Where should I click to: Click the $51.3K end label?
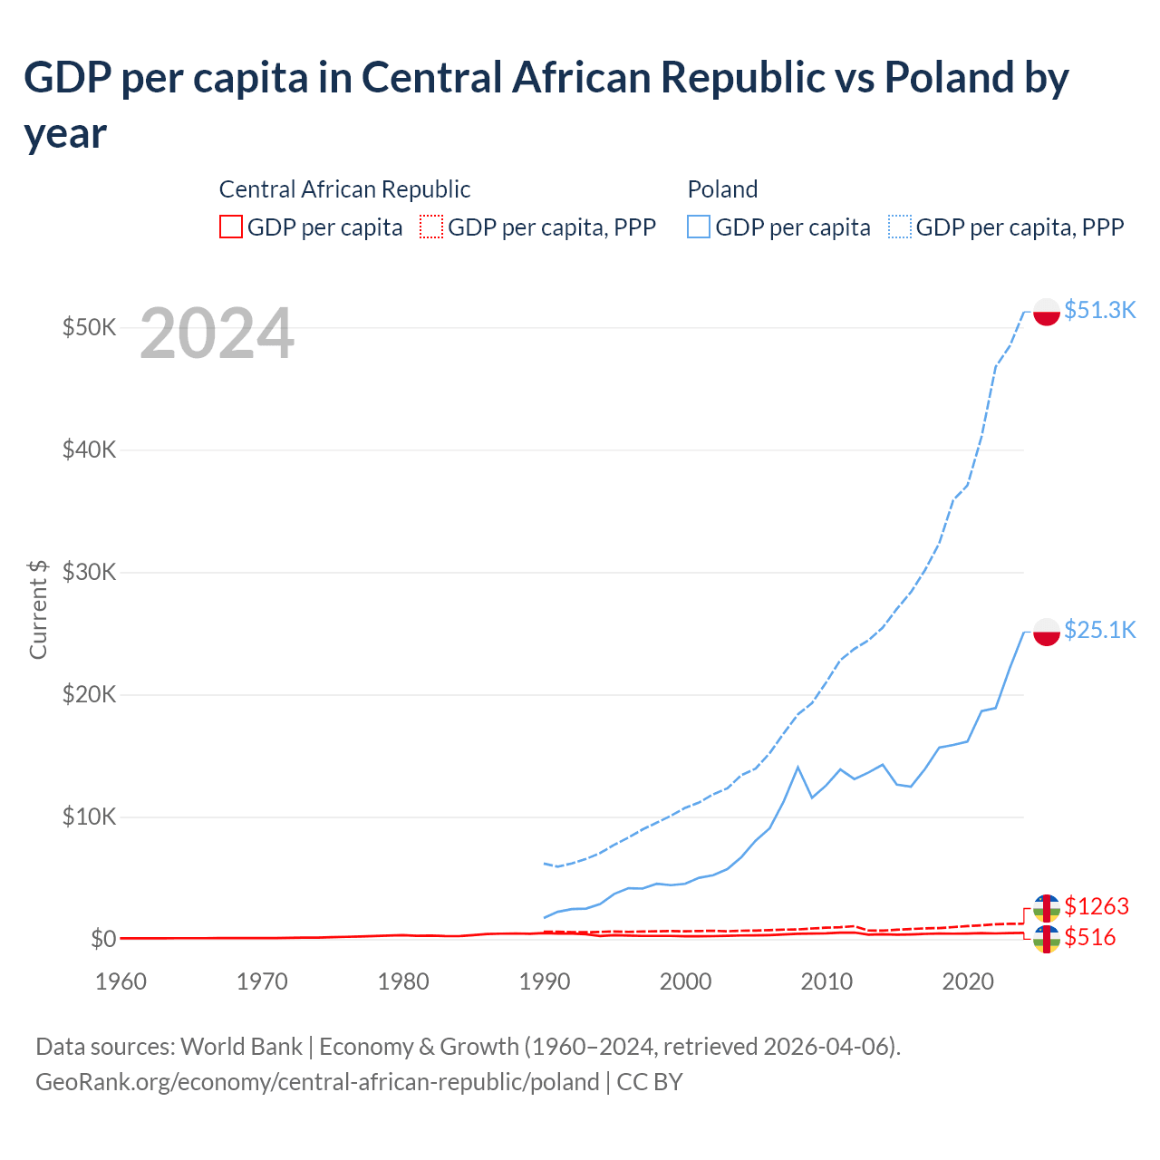coord(1099,310)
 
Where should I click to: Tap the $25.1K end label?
coord(1099,630)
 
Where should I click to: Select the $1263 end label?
coord(1096,906)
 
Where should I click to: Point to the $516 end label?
coord(1089,937)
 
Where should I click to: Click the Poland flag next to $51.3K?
coord(1047,312)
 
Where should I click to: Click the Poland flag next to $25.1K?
coord(1047,632)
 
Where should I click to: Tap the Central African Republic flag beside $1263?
coord(1047,908)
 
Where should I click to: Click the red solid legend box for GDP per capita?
coord(231,227)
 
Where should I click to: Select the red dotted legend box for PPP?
coord(431,227)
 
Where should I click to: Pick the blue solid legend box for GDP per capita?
coord(699,227)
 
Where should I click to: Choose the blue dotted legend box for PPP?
coord(900,227)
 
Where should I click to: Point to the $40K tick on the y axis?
coord(89,449)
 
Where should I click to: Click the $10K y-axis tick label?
coord(89,817)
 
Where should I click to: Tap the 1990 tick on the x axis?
coord(544,981)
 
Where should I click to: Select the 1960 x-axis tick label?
coord(121,981)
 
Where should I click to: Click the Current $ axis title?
coord(38,609)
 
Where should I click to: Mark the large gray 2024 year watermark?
coord(217,334)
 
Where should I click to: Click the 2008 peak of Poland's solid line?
coord(797,768)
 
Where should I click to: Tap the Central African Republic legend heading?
coord(344,189)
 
